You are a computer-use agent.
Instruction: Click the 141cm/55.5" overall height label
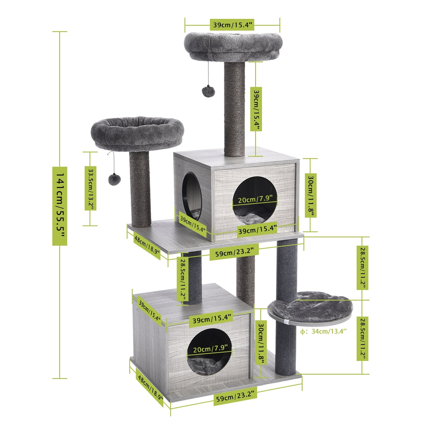click(59, 206)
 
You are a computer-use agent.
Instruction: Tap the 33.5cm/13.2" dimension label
click(90, 188)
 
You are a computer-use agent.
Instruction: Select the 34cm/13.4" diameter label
click(324, 331)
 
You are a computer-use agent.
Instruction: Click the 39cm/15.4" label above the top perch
click(232, 25)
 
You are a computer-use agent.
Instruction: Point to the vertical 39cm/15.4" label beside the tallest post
click(256, 109)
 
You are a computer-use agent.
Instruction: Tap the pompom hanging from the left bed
click(114, 179)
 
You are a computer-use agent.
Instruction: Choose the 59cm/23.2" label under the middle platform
click(234, 252)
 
